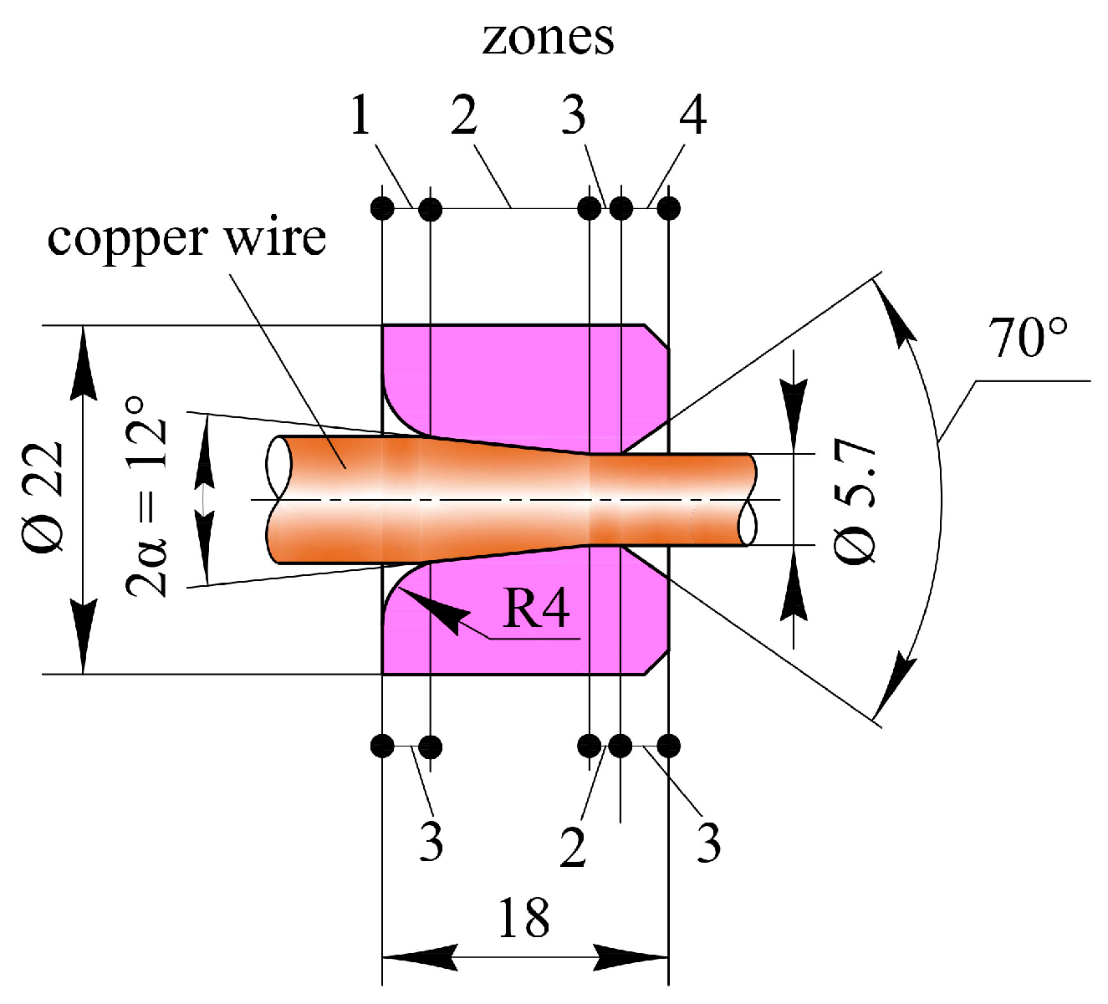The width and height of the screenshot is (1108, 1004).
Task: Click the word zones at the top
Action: tap(548, 38)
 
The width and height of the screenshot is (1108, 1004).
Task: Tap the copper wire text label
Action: tap(186, 238)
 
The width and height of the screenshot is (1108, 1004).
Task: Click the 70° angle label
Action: tap(1028, 338)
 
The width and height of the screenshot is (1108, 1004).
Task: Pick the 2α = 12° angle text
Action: tap(147, 497)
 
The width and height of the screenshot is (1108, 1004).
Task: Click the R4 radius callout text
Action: tap(536, 609)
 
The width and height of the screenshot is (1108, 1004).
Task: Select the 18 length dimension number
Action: tap(523, 918)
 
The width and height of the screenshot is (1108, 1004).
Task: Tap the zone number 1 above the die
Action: tap(360, 115)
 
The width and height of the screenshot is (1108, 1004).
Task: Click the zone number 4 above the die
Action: tap(692, 115)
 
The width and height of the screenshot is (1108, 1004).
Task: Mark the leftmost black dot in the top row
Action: tap(382, 207)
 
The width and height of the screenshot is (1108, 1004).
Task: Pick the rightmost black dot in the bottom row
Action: tap(668, 745)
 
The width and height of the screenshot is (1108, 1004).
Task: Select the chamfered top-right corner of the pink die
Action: tap(656, 335)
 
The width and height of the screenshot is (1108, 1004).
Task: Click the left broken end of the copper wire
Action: tap(278, 499)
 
